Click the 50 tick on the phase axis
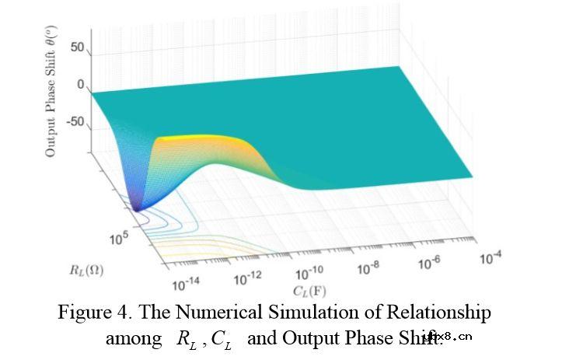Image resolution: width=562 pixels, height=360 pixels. (x=76, y=47)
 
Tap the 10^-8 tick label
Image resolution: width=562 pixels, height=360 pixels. (x=371, y=267)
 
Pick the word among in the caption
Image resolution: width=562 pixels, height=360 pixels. (x=132, y=339)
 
